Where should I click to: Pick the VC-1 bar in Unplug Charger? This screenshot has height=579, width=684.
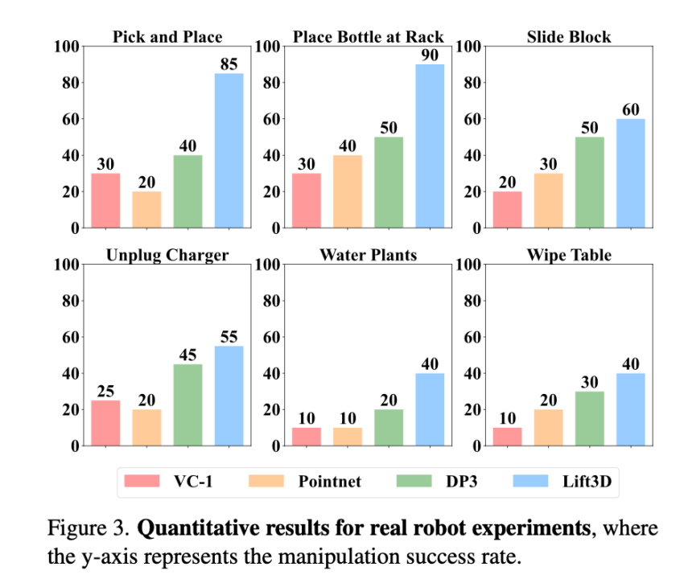pos(105,423)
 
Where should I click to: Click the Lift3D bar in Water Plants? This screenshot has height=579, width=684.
pos(430,409)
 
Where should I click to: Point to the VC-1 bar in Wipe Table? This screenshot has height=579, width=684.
pos(507,437)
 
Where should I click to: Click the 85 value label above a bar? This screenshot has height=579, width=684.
pos(229,64)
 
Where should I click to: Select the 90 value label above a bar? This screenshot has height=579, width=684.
pos(430,54)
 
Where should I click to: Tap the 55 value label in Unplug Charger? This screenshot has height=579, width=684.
pos(229,336)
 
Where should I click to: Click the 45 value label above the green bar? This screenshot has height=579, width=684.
pos(187,354)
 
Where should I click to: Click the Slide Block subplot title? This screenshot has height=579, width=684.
pos(569,37)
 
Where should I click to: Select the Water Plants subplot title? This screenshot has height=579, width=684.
pos(369,255)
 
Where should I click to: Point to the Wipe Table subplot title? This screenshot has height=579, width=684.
pos(569,255)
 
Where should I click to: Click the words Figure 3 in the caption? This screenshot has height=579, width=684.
pos(89,529)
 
